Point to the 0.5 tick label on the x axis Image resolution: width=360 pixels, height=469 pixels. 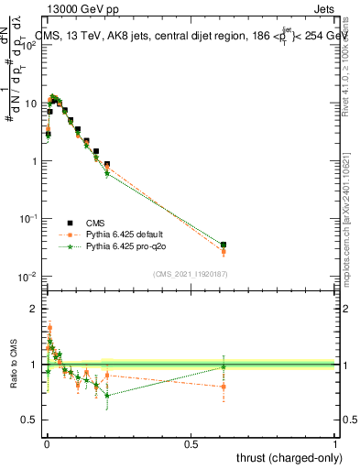pyautogui.click(x=191, y=444)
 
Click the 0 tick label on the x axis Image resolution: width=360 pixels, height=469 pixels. pyautogui.click(x=46, y=444)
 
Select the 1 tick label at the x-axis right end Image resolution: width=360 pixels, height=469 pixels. pyautogui.click(x=335, y=444)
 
